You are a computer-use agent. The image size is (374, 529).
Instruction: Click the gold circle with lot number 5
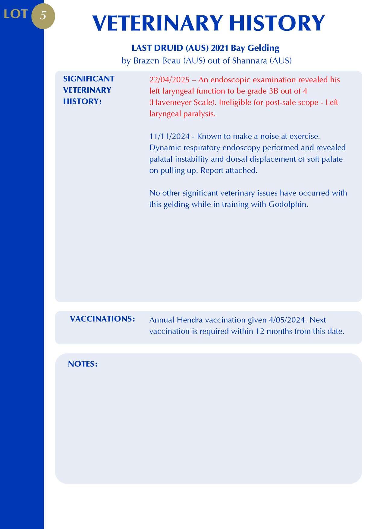[43, 16]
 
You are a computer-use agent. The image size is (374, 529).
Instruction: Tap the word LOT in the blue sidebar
[15, 14]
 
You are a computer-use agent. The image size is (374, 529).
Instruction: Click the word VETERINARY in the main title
[157, 23]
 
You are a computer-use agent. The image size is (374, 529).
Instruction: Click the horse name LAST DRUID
[157, 48]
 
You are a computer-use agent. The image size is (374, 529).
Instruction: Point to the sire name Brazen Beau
[157, 61]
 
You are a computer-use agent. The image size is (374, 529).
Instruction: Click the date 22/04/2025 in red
[169, 80]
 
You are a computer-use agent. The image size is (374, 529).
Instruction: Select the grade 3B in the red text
[273, 91]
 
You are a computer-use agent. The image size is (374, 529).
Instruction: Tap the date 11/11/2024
[169, 136]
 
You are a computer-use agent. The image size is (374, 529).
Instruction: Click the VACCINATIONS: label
[102, 319]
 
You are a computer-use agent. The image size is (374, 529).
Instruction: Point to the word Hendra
[190, 320]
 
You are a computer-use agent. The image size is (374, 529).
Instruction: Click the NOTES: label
[83, 364]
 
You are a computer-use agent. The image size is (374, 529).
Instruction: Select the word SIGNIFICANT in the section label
[89, 79]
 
